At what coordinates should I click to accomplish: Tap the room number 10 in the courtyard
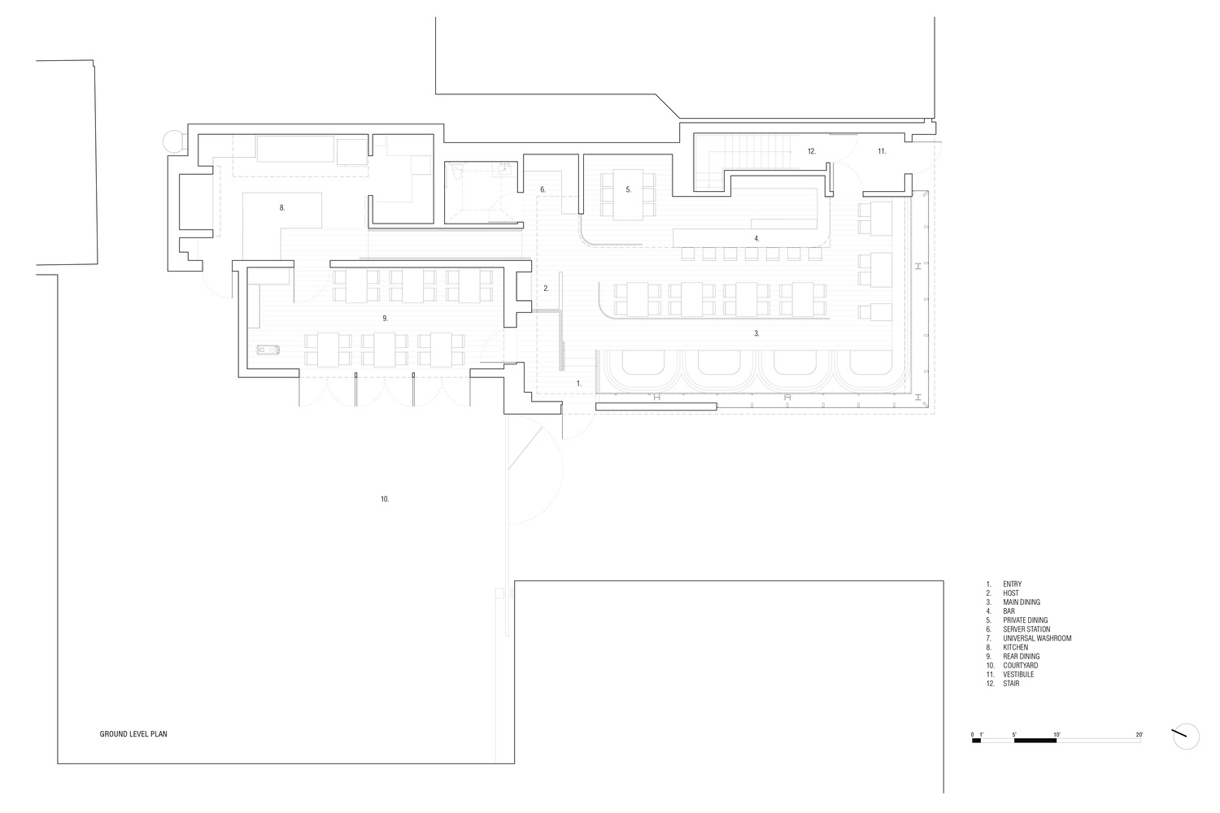coord(385,498)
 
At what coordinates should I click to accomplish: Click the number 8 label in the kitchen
coord(282,208)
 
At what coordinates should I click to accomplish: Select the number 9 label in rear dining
coord(385,318)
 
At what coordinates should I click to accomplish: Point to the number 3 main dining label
coord(756,333)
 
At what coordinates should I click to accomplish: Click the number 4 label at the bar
coord(756,238)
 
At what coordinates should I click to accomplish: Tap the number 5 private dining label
coord(628,189)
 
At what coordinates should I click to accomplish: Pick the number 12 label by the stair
coord(811,151)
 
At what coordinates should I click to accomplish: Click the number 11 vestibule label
coord(882,151)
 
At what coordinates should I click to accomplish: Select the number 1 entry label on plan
coord(578,382)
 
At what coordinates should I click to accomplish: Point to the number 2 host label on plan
coord(547,288)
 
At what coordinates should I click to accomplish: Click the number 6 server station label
coord(542,189)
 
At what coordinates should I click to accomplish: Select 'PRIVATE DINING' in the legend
coord(1025,620)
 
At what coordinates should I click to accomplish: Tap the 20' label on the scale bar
coord(1139,734)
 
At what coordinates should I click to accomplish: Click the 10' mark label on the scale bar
coord(1057,734)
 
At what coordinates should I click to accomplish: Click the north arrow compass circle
coord(1187,737)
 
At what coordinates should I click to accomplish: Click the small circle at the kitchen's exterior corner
coord(175,141)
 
